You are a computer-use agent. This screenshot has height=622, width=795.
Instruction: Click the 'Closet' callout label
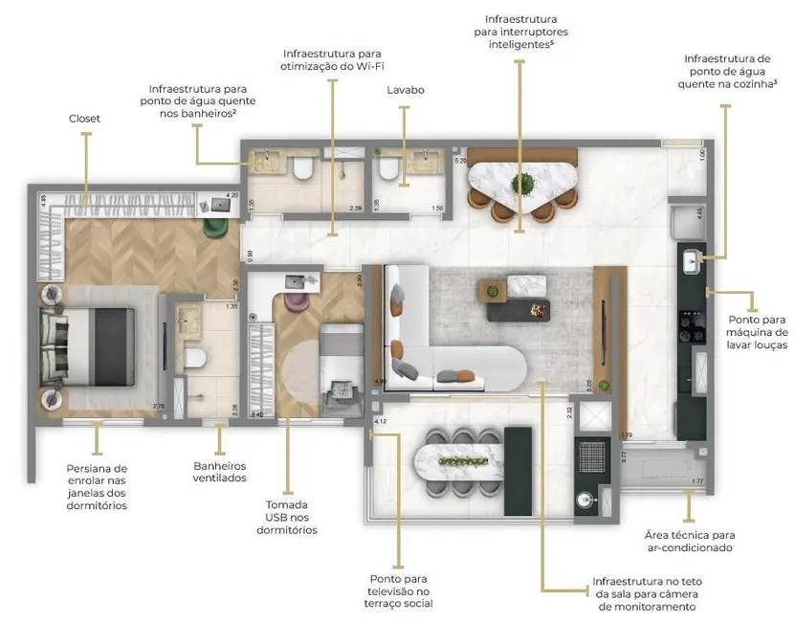click(84, 119)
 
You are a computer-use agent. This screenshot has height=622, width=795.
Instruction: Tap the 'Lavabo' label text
click(406, 90)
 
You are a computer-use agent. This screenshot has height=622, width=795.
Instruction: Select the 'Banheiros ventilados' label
click(220, 472)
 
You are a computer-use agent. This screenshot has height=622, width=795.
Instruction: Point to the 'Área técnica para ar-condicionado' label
click(689, 541)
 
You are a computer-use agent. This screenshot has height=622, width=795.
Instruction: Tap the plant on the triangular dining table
click(522, 182)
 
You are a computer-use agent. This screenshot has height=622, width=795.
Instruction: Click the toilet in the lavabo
click(389, 169)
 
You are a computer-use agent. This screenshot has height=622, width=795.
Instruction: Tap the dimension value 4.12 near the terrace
click(379, 421)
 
